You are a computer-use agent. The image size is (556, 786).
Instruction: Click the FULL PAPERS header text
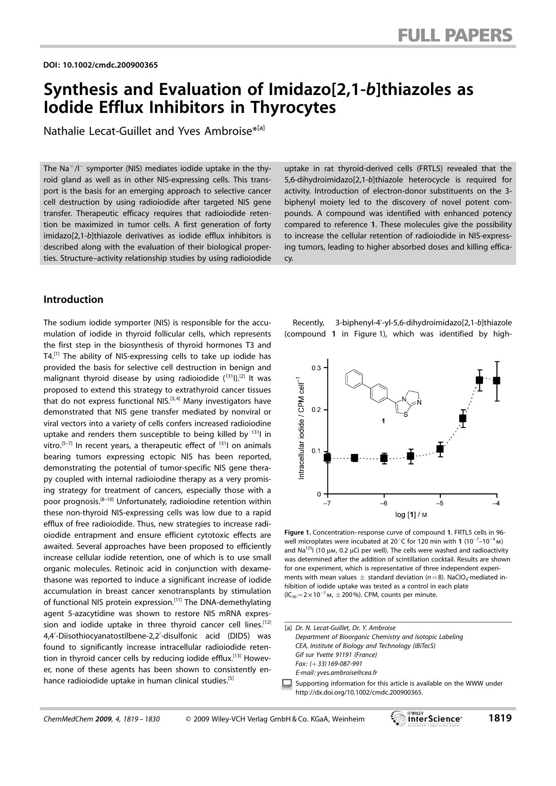click(455, 35)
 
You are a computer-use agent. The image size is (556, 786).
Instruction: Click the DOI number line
click(100, 65)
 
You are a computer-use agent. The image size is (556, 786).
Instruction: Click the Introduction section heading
click(73, 299)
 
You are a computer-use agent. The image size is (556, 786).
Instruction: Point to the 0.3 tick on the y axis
click(316, 368)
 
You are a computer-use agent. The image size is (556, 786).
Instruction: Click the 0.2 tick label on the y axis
click(316, 410)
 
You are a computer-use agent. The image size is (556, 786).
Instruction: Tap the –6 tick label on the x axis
click(384, 503)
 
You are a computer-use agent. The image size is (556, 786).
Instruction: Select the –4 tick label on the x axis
click(496, 503)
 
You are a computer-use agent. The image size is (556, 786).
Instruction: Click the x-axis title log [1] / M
click(411, 515)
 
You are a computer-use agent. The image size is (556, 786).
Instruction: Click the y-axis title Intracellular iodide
click(302, 428)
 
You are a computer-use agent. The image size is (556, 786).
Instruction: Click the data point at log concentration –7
click(328, 458)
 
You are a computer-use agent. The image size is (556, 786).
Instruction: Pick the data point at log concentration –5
click(440, 449)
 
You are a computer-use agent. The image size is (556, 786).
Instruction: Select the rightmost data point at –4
click(496, 380)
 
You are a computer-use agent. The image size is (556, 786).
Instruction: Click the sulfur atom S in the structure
click(405, 415)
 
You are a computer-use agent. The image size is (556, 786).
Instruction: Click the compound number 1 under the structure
click(383, 421)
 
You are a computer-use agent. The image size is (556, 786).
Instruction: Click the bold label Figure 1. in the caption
click(297, 532)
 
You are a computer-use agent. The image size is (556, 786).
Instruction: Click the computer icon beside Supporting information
click(287, 684)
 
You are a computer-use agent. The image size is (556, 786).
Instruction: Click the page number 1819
click(500, 718)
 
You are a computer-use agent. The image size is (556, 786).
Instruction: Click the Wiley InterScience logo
click(426, 718)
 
